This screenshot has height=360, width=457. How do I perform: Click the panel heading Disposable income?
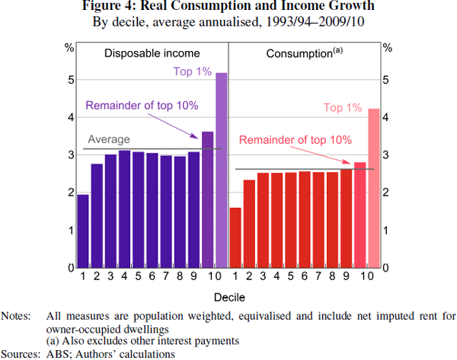[152, 54]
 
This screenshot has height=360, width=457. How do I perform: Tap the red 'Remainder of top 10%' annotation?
[295, 140]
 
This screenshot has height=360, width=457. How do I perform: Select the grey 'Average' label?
[109, 139]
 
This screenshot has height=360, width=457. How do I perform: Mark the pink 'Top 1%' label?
[343, 108]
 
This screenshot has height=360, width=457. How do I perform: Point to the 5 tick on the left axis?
[70, 79]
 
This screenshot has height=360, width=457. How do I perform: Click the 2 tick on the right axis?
[386, 193]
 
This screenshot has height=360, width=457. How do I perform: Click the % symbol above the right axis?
[387, 47]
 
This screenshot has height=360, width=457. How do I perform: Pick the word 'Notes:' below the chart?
[16, 315]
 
